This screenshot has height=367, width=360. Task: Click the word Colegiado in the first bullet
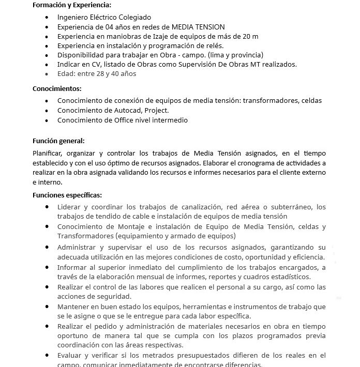134,18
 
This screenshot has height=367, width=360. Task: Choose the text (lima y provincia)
229,55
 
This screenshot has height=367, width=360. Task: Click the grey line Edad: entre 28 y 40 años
97,73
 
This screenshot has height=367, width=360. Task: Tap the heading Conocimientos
57,88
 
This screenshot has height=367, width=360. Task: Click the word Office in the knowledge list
126,120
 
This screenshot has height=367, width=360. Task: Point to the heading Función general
58,141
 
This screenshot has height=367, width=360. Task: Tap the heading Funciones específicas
67,195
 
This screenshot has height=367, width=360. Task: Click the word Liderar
69,207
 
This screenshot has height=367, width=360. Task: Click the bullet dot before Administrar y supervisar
48,247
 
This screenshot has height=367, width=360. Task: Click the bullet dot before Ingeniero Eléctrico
48,18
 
